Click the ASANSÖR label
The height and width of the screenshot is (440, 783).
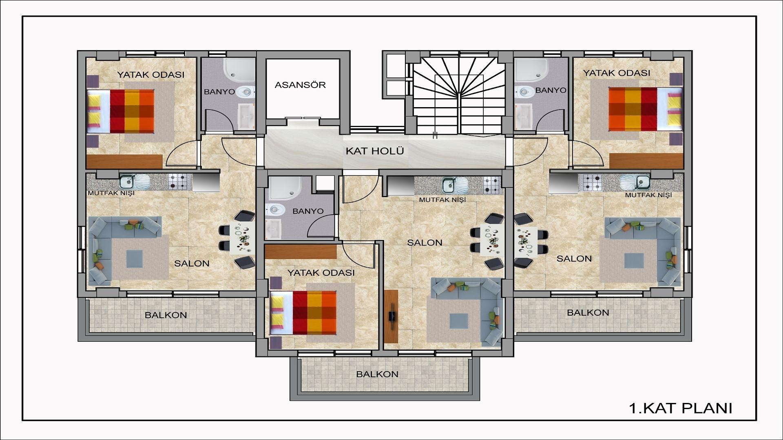point(300,85)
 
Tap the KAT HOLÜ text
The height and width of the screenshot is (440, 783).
point(375,151)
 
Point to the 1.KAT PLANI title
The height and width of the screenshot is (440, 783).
point(681,408)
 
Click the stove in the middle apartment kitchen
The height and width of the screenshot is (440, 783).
point(492,184)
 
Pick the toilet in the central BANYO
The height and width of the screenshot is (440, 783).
point(275,210)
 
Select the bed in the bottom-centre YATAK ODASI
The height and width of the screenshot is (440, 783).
point(303,312)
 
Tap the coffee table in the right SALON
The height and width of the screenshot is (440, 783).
point(634,261)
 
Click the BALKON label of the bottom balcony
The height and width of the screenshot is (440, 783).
point(377,374)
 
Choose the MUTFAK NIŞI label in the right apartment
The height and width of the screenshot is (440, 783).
point(648,195)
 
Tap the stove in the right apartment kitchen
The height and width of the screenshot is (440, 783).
point(593,183)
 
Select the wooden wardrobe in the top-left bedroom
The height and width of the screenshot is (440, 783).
point(124,161)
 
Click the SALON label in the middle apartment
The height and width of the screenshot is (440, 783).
point(425,243)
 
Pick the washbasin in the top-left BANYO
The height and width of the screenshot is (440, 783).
point(246,116)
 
